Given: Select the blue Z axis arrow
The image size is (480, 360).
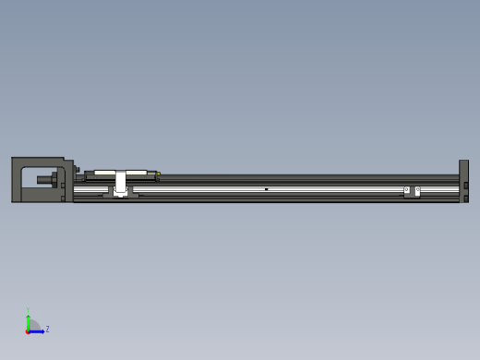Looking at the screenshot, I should (39, 330).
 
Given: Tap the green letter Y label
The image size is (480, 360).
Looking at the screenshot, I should (28, 310).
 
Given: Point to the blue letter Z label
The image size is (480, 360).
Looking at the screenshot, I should (47, 329).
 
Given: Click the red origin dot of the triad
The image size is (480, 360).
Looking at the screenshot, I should (28, 330).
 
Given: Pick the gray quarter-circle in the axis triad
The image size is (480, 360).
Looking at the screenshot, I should (33, 325).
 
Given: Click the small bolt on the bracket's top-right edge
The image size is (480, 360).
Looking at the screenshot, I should (78, 169).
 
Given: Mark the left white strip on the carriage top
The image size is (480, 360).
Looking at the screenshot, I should (102, 173).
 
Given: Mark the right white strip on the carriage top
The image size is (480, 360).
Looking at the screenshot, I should (138, 173).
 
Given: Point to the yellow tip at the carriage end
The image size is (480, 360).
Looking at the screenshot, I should (159, 174).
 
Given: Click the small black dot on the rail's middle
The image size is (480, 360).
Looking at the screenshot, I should (266, 189).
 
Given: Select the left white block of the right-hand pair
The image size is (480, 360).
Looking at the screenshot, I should (406, 190).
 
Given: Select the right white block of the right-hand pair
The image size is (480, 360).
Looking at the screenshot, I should (417, 191).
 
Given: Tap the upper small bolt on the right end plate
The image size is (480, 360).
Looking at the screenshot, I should (466, 185).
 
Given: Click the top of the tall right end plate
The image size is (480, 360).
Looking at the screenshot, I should (463, 162).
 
